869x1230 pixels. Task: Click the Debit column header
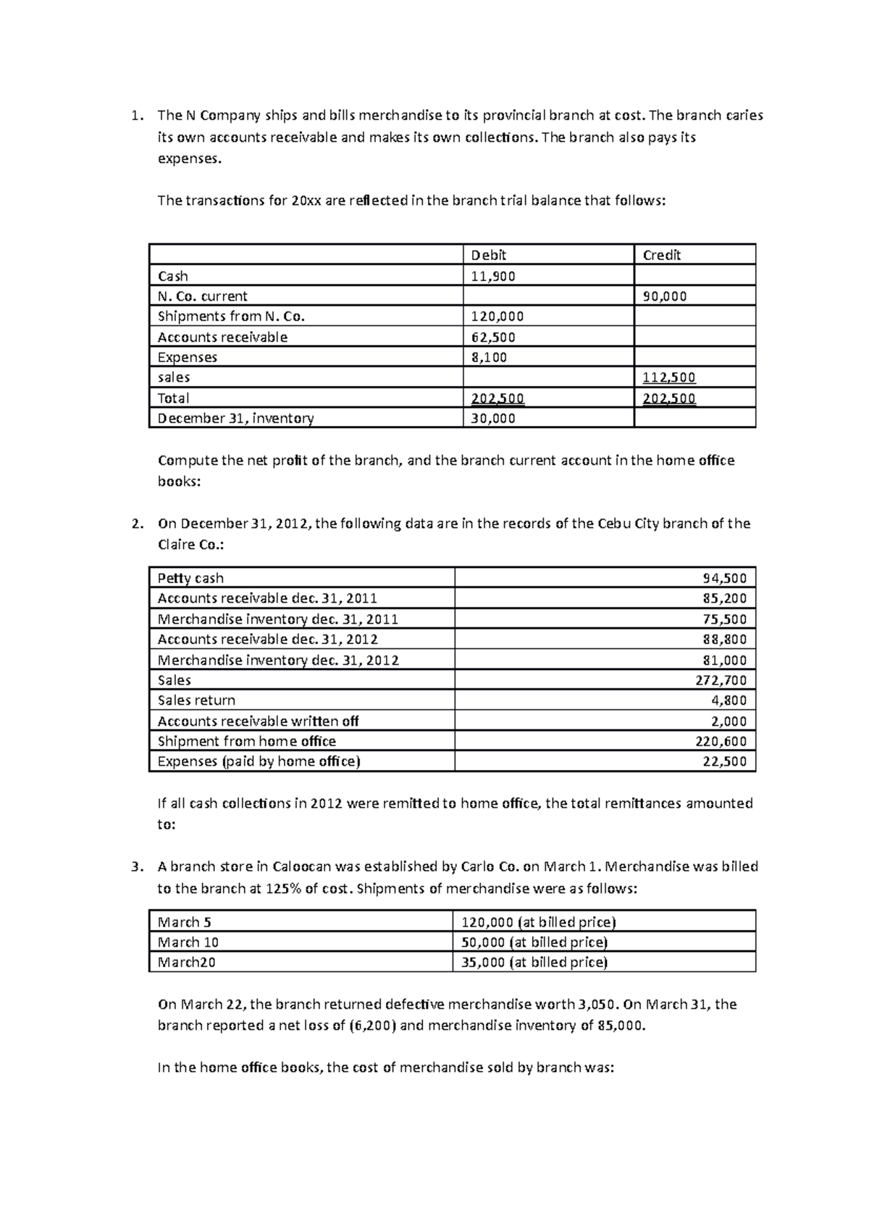tap(489, 255)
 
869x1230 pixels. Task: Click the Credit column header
tap(662, 255)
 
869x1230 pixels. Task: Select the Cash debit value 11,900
tap(493, 276)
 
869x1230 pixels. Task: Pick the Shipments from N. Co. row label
tap(232, 317)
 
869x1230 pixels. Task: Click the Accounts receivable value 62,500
tap(493, 337)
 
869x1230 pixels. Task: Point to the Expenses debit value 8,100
tap(489, 357)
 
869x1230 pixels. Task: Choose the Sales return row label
tap(196, 700)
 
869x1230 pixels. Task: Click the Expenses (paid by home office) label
tap(259, 761)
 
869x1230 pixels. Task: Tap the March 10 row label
tap(188, 942)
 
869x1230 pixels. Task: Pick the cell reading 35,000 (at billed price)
tap(534, 962)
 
